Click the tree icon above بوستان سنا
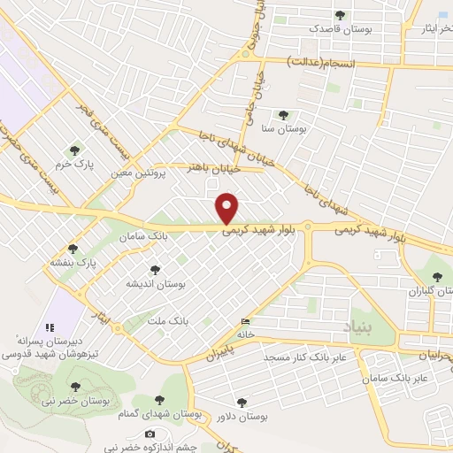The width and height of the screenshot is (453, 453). [283, 115]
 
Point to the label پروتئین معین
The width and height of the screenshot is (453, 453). [139, 173]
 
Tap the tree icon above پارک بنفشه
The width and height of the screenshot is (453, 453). [73, 249]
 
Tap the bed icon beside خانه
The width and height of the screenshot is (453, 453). [245, 321]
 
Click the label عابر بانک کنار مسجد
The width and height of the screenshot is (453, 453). [306, 357]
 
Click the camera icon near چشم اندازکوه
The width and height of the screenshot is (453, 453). [150, 434]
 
